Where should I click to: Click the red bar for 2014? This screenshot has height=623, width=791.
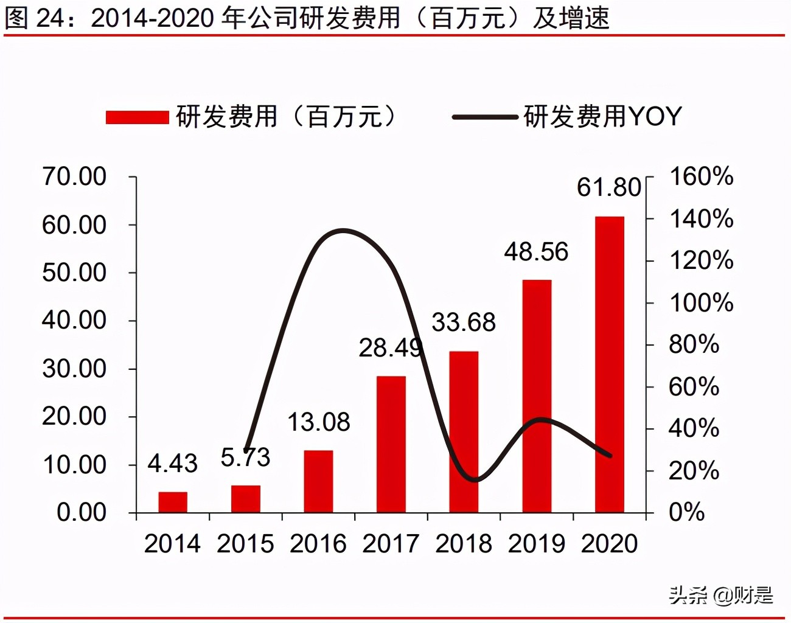[x=173, y=502]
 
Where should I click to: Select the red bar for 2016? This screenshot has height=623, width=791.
[x=318, y=481]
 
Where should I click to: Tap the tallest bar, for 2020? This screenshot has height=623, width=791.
[x=609, y=364]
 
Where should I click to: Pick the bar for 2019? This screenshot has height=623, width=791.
[x=537, y=396]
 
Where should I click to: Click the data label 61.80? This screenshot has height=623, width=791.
[x=608, y=187]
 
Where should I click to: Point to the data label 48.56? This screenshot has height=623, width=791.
[x=535, y=252]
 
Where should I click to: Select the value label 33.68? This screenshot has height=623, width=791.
[x=464, y=322]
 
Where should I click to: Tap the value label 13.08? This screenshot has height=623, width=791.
[x=318, y=422]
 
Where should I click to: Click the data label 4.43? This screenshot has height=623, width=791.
[x=173, y=464]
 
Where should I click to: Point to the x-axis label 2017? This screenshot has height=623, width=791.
[x=391, y=544]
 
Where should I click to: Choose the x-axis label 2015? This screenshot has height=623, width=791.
[x=245, y=544]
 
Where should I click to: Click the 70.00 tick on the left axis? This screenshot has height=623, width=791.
[x=74, y=176]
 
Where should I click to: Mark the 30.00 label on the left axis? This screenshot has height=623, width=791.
[x=74, y=369]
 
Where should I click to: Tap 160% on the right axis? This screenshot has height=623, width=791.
[x=701, y=176]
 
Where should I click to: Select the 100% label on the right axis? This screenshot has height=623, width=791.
[x=701, y=302]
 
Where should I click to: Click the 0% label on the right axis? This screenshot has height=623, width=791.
[x=686, y=512]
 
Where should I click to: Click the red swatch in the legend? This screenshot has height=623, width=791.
[x=137, y=117]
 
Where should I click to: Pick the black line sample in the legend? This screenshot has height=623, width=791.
[x=485, y=117]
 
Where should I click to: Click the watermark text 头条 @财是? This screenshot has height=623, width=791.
[x=721, y=594]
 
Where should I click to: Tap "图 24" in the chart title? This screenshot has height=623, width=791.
[x=34, y=18]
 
